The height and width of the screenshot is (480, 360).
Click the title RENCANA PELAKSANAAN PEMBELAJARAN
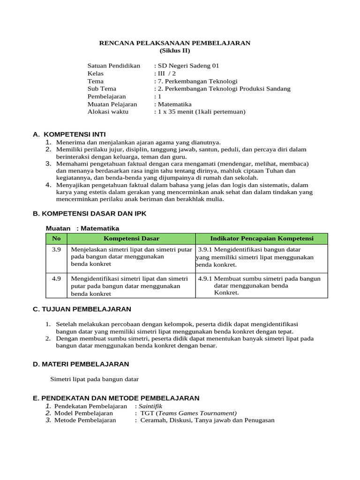(175, 43)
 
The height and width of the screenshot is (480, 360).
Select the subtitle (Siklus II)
(175, 51)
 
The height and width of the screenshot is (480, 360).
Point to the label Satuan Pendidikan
(114, 66)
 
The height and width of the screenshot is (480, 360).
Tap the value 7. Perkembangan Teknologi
(197, 81)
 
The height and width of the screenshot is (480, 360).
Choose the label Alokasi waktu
(108, 112)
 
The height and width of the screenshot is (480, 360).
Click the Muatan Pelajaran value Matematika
(174, 104)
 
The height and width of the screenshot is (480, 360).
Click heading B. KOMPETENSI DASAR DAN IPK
(90, 213)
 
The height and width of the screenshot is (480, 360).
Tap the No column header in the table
(57, 239)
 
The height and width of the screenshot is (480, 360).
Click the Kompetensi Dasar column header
(131, 239)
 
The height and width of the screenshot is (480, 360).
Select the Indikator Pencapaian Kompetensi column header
(262, 239)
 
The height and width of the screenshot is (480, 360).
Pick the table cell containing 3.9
(57, 250)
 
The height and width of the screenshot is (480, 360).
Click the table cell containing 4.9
(57, 278)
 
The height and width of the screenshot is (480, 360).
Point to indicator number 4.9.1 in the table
(205, 278)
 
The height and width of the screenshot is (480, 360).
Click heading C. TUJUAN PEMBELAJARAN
(82, 309)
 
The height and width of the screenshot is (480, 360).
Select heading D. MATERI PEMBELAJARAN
(81, 364)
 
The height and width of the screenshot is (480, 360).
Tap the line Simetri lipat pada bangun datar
(94, 379)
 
